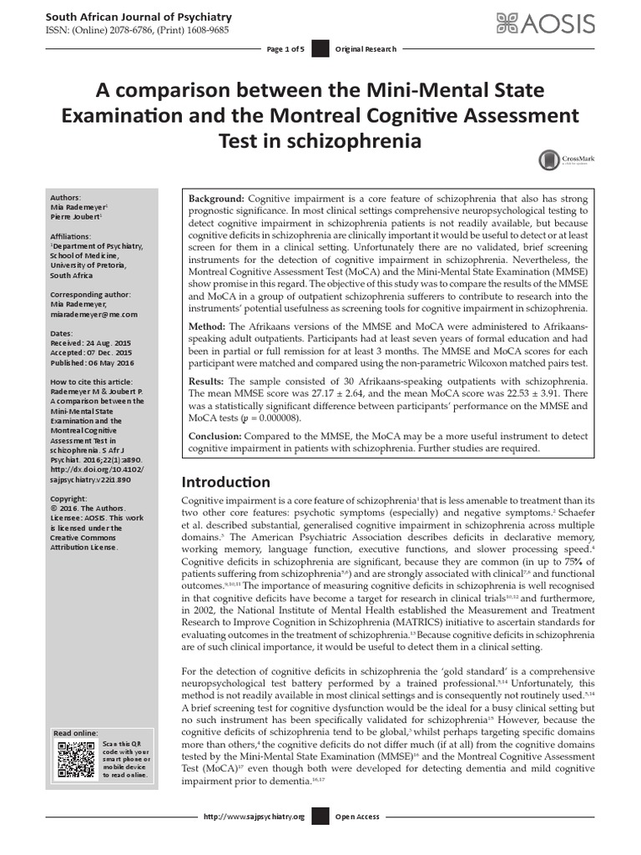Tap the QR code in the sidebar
pyautogui.click(x=75, y=759)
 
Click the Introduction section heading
pyautogui.click(x=226, y=482)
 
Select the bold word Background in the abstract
pyautogui.click(x=216, y=199)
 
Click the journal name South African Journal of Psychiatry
pyautogui.click(x=139, y=17)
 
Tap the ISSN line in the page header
pyautogui.click(x=135, y=32)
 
